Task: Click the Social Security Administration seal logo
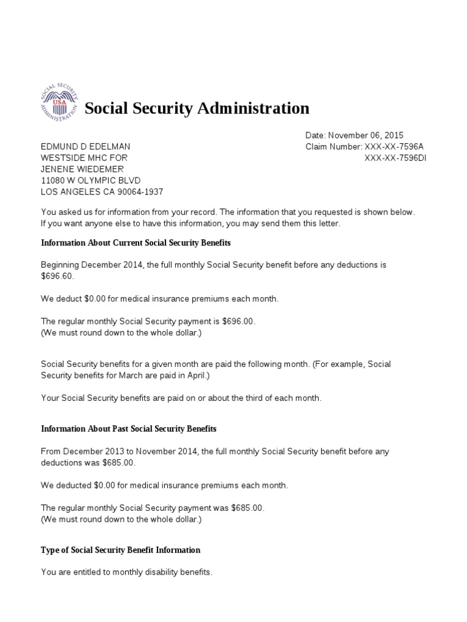(x=59, y=101)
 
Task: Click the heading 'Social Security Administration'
(x=196, y=109)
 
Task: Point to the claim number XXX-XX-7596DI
(x=396, y=157)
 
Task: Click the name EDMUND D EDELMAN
(x=85, y=146)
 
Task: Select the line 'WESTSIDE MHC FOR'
(x=84, y=157)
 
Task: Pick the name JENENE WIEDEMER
(x=82, y=169)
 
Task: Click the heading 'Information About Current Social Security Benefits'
(x=136, y=243)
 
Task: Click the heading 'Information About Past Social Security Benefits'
(x=128, y=429)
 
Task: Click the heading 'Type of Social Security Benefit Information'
(x=120, y=550)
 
